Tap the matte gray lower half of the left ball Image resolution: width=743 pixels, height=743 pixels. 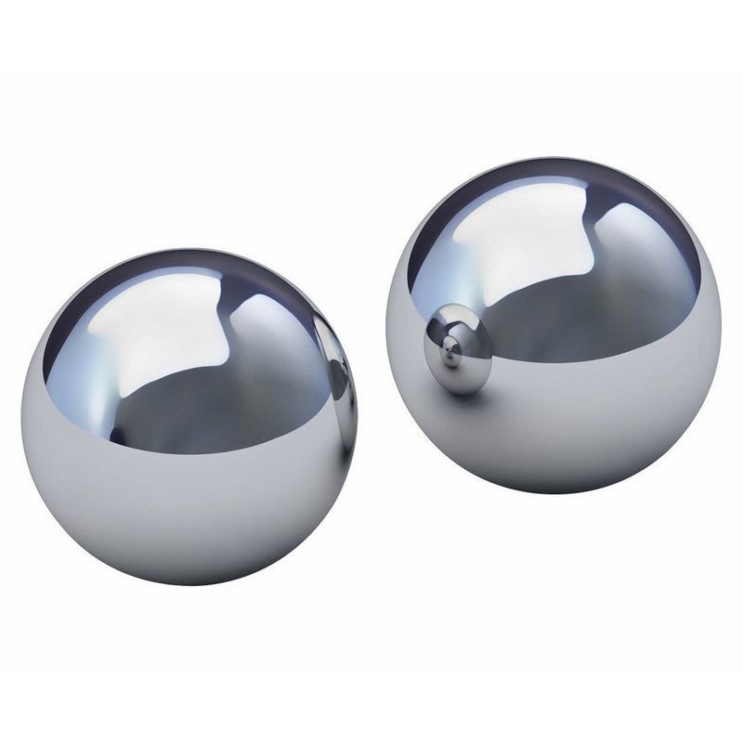click(x=186, y=520)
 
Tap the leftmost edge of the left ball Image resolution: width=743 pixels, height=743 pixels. click(x=21, y=418)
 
